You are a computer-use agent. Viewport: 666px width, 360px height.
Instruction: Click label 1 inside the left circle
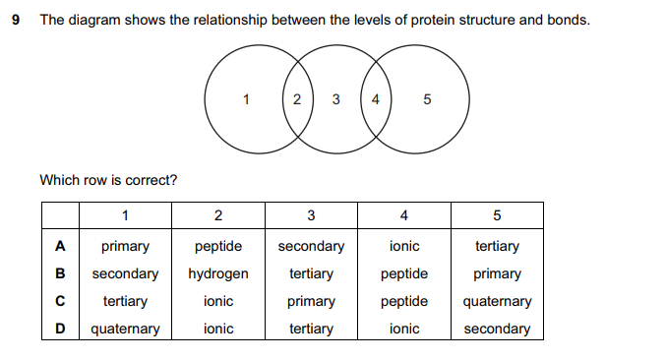coord(246,98)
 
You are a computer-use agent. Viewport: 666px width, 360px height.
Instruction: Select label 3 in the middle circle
coord(336,98)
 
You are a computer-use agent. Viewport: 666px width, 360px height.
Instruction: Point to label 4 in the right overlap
coord(375,98)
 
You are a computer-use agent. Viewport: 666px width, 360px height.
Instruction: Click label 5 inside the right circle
coord(426,98)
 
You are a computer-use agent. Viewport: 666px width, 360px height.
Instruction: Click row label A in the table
coord(59,246)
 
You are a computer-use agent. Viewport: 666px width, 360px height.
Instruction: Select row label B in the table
coord(59,273)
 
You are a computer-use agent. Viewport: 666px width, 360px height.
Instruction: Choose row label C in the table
coord(59,301)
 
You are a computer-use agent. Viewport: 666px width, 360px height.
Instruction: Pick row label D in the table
coord(59,329)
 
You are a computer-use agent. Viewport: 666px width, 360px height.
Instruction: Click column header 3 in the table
coord(311,215)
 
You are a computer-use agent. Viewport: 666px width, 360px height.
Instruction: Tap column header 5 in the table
coord(496,215)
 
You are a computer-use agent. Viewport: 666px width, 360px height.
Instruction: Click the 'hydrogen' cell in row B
coord(218,273)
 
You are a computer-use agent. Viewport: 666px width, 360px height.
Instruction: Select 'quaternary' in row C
coord(496,301)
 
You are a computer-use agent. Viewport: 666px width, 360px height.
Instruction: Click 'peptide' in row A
coord(218,246)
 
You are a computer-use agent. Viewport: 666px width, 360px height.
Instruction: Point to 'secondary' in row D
coord(496,329)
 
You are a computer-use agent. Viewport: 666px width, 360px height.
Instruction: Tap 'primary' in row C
coord(311,301)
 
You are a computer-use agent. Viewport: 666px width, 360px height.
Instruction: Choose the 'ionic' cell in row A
coord(403,246)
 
